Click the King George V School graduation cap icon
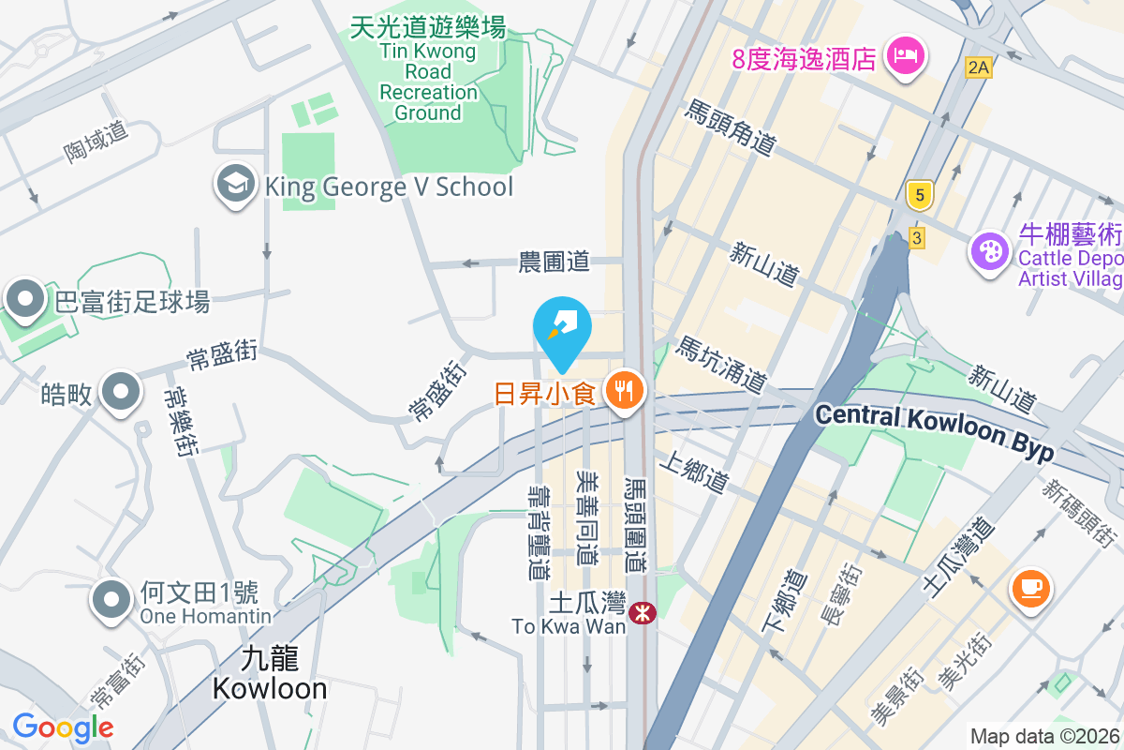pyautogui.click(x=235, y=185)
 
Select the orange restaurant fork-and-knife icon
pyautogui.click(x=623, y=390)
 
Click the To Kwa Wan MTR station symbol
pyautogui.click(x=643, y=612)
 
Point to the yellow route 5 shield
pyautogui.click(x=920, y=195)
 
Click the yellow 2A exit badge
pyautogui.click(x=979, y=67)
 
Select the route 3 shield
pyautogui.click(x=916, y=238)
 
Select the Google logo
pyautogui.click(x=63, y=727)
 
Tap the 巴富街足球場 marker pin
pyautogui.click(x=25, y=299)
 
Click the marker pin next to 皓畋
pyautogui.click(x=121, y=391)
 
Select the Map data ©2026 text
pyautogui.click(x=1045, y=737)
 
